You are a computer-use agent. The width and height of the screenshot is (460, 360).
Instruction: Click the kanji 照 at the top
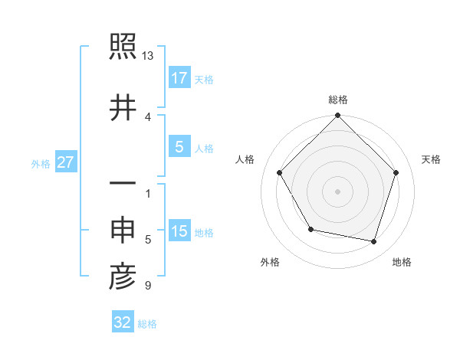click(123, 49)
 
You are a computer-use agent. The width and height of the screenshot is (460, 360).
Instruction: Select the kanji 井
click(123, 108)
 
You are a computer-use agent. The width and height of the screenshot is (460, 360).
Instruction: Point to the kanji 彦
click(123, 277)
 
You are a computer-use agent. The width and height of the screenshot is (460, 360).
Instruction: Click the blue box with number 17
click(179, 78)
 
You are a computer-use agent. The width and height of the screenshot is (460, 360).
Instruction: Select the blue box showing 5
click(179, 147)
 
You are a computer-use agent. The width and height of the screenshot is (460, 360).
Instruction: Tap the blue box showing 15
click(179, 231)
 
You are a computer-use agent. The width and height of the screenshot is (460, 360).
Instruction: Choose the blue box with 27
click(66, 162)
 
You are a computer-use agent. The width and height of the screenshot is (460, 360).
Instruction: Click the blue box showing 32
click(123, 322)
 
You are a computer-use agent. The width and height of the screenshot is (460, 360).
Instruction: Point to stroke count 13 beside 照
click(147, 56)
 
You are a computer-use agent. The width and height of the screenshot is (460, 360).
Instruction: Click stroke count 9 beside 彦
click(147, 286)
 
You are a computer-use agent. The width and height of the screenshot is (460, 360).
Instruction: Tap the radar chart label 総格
click(338, 100)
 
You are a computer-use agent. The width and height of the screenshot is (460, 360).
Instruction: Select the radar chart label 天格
click(432, 159)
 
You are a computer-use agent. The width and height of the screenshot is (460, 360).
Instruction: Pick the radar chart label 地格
click(402, 262)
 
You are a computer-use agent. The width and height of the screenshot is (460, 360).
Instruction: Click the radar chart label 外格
click(270, 262)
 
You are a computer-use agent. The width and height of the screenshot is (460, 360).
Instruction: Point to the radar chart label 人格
click(245, 159)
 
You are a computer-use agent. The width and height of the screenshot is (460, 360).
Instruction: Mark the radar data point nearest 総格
click(337, 116)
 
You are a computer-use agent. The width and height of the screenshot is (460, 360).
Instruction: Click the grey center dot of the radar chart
click(337, 191)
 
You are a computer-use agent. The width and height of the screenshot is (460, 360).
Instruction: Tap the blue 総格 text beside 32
click(147, 324)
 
